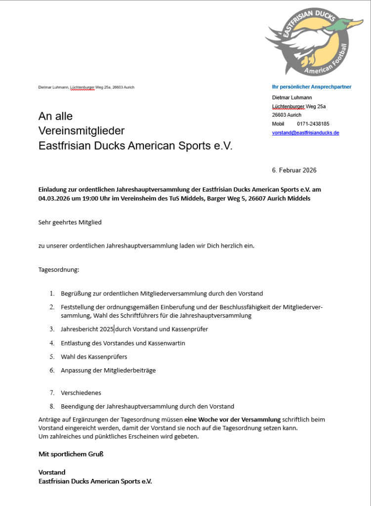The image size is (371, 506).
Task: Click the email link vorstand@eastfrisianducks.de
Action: (305, 133)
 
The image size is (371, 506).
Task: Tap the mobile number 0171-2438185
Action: (313, 124)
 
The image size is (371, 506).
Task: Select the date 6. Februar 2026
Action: (294, 170)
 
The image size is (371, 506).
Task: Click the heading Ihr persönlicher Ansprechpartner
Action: (312, 87)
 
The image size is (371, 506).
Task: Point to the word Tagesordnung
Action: (58, 270)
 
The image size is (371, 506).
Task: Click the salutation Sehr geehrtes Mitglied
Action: (70, 222)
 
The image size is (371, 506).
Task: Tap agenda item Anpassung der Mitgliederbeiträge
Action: (108, 370)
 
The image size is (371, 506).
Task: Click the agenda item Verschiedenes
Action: (81, 393)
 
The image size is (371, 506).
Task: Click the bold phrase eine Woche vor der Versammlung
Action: (232, 420)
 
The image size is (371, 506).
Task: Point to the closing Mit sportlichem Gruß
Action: (71, 454)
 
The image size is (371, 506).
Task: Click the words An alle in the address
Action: (55, 116)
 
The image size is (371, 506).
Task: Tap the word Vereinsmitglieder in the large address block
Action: (82, 131)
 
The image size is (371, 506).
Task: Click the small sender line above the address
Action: (86, 87)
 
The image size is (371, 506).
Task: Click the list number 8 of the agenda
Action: (51, 406)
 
